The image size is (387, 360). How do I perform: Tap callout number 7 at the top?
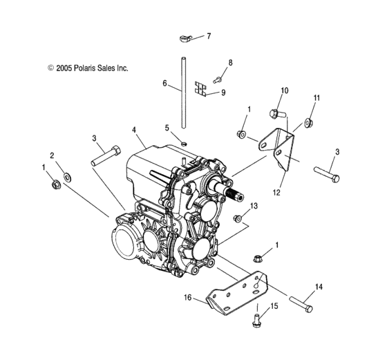click(209, 35)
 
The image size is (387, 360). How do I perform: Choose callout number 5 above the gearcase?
click(167, 127)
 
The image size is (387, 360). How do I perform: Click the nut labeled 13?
click(238, 219)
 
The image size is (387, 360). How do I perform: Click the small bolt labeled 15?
click(256, 319)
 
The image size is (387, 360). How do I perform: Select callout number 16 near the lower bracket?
click(187, 298)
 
